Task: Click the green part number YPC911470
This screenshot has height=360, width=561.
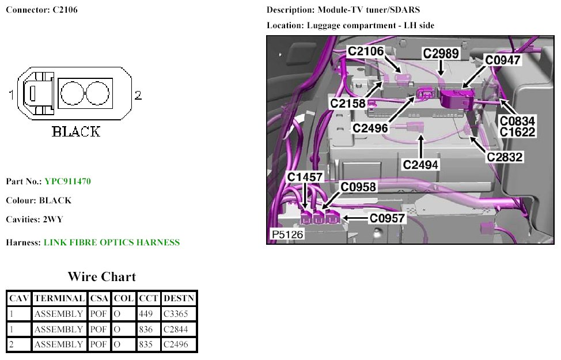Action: tap(67, 181)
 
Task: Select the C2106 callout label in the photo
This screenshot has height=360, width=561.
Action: tap(365, 52)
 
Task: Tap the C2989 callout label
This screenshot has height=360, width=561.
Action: tap(441, 54)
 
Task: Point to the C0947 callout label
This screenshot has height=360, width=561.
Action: tap(503, 59)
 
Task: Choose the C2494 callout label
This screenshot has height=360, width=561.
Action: tap(420, 165)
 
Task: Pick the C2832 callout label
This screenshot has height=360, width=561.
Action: tap(505, 157)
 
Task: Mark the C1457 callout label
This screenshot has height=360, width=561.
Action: tap(306, 177)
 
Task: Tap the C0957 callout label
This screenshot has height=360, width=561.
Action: tap(388, 218)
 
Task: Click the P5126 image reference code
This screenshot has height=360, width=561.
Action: tap(287, 235)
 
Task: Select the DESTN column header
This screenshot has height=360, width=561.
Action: tap(179, 298)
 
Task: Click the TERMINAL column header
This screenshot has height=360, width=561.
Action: tap(58, 298)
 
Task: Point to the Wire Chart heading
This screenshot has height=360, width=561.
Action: tap(101, 276)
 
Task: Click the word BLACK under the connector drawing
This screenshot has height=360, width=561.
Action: tap(76, 131)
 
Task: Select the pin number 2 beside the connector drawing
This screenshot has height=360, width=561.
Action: tap(138, 96)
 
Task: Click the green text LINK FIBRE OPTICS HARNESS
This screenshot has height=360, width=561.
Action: tap(112, 242)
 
